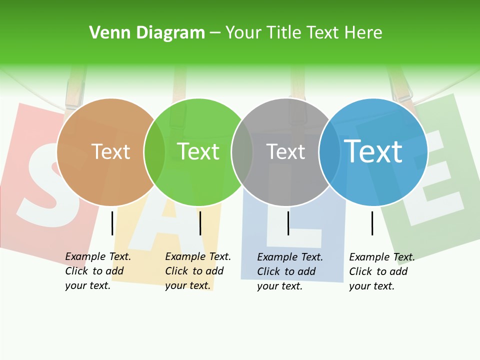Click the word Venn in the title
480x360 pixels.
(103, 32)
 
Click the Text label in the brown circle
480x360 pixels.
(111, 151)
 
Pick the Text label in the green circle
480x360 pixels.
(198, 151)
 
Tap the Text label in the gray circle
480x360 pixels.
(285, 151)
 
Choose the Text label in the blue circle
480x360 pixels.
(373, 151)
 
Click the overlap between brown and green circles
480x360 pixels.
(154, 152)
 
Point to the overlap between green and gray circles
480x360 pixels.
(242, 152)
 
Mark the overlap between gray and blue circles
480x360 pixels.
(329, 152)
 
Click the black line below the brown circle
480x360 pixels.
(112, 223)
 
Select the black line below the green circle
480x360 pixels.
(200, 223)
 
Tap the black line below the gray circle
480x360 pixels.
(288, 223)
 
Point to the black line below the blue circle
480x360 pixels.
(372, 223)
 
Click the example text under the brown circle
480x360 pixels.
(97, 271)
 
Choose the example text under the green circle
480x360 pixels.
(197, 271)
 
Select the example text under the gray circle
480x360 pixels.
(289, 271)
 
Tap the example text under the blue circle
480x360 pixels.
(381, 271)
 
